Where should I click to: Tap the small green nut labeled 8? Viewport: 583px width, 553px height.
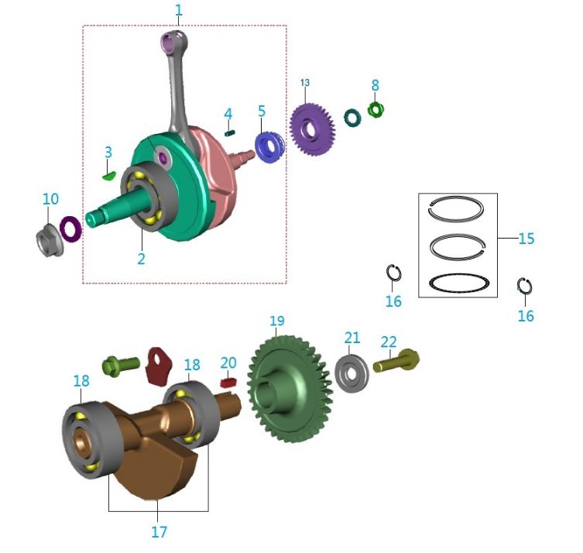point(376,110)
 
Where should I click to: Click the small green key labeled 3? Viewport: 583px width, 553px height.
point(108,175)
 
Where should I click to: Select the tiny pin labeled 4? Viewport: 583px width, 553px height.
point(229,132)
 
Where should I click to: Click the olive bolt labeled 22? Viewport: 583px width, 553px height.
point(396,360)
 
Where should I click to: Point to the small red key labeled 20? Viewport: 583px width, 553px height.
point(228,382)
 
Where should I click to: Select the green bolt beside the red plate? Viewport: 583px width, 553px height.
point(121,362)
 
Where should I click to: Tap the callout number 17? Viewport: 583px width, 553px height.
point(158,532)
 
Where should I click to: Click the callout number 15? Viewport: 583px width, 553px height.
point(526,239)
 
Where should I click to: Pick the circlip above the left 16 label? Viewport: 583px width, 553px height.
point(394,273)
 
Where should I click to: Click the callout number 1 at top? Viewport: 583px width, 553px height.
point(179,10)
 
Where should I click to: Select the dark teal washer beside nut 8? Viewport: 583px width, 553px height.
point(352,118)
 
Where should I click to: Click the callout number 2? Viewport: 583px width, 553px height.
point(141,259)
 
